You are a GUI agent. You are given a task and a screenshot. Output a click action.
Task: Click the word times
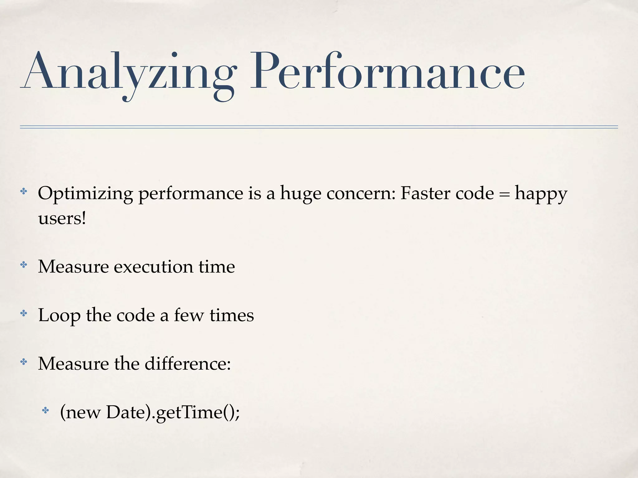tap(232, 315)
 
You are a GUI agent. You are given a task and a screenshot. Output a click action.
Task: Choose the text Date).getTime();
tap(173, 413)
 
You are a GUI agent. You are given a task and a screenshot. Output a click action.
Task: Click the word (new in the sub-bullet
tap(80, 413)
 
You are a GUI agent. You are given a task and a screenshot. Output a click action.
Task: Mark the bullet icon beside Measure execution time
tap(24, 265)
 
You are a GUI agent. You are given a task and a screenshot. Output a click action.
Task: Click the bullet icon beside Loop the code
tap(24, 313)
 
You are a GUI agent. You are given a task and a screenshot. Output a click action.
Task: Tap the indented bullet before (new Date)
tap(45, 410)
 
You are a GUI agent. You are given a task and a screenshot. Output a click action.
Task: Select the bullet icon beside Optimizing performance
tap(24, 191)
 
